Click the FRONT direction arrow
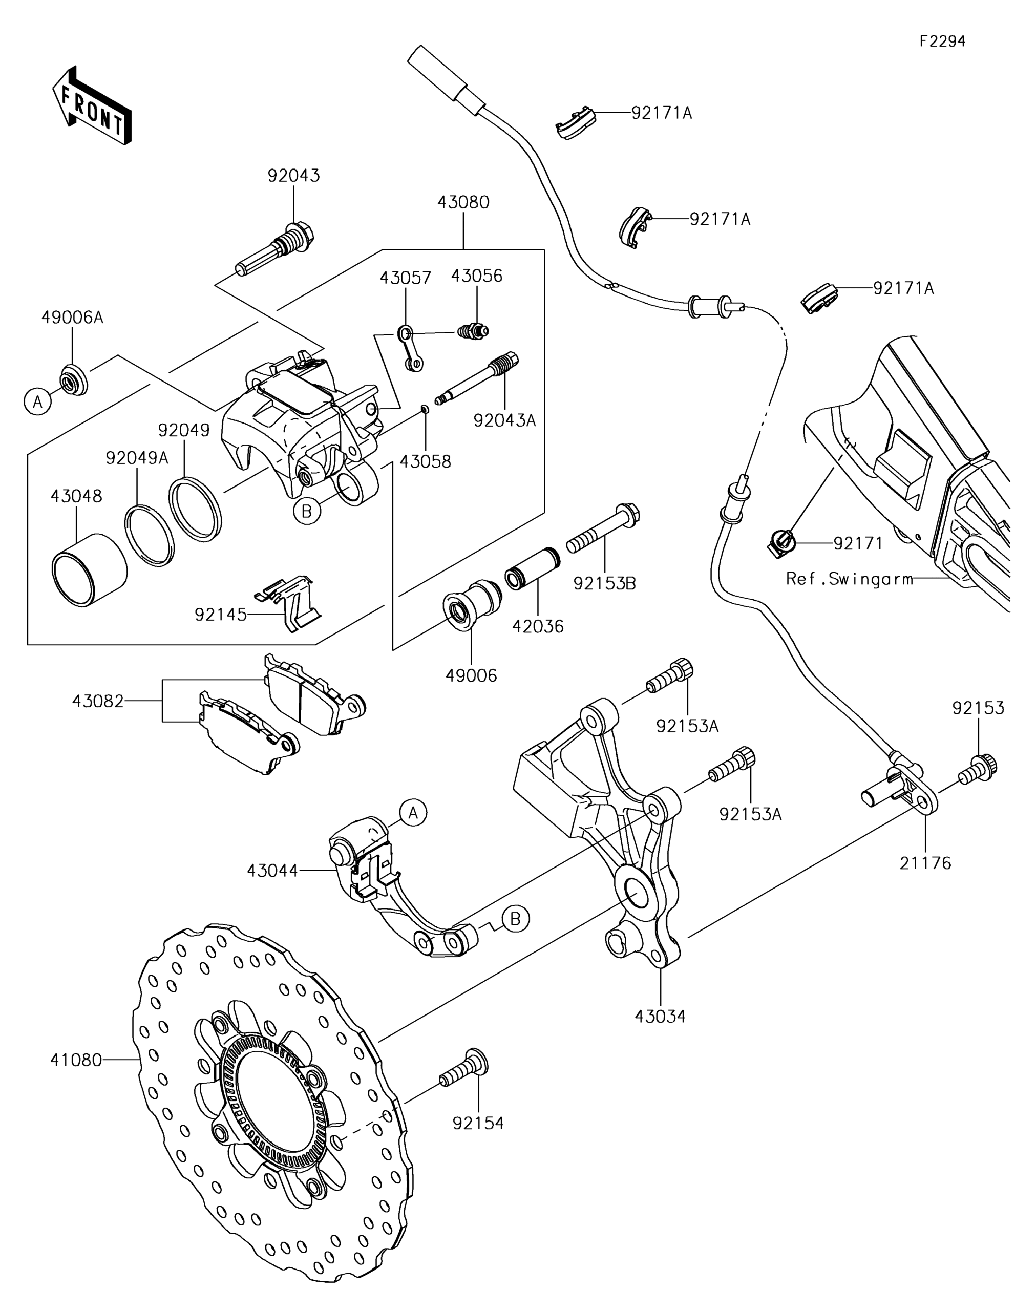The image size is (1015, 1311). (x=91, y=105)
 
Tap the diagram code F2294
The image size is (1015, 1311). (x=943, y=41)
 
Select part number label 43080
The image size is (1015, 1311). (x=463, y=202)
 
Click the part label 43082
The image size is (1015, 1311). (x=98, y=701)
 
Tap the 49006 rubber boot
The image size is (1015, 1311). (x=472, y=604)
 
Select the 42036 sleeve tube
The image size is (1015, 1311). (x=533, y=568)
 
